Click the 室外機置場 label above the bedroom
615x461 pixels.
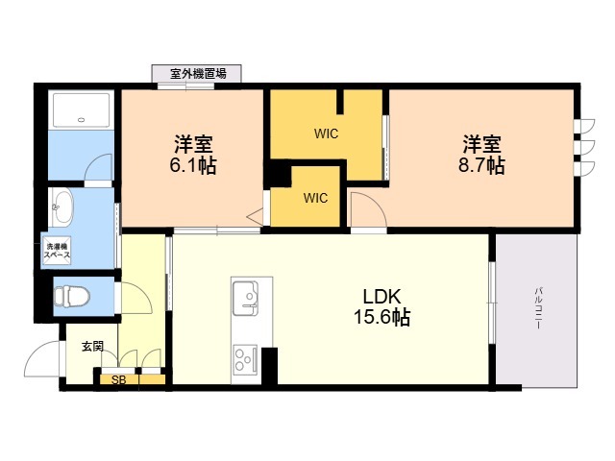(x=198, y=73)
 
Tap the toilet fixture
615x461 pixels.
(x=72, y=295)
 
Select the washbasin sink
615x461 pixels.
(x=62, y=206)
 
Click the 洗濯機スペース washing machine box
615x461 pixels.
(x=57, y=251)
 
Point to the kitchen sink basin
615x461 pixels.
(x=246, y=298)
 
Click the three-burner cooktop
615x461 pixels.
(x=245, y=358)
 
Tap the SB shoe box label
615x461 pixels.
(x=119, y=380)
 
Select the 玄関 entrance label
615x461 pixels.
(x=92, y=347)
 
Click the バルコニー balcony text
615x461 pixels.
(x=539, y=307)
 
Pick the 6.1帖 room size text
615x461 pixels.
(x=192, y=166)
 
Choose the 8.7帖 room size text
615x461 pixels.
(x=481, y=165)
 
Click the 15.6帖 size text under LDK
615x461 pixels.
(x=382, y=317)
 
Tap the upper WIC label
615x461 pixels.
(x=326, y=133)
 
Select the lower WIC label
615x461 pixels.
(x=315, y=198)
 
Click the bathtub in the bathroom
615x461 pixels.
(x=81, y=110)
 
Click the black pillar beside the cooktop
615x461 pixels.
(x=269, y=366)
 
